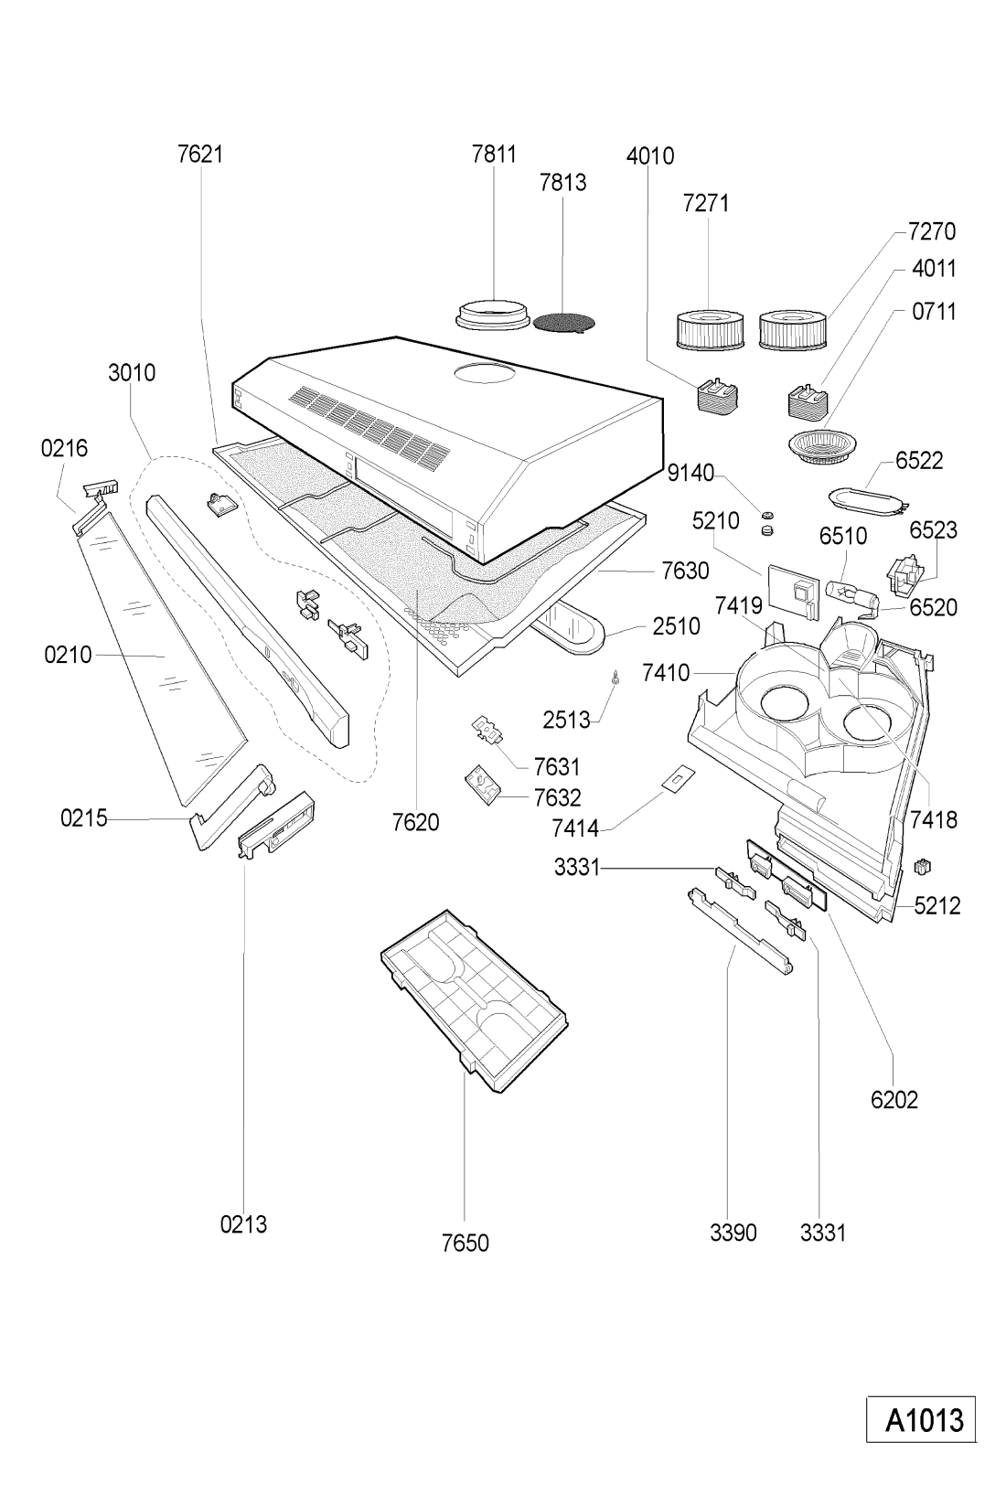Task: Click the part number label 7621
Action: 200,154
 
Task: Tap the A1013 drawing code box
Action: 922,1420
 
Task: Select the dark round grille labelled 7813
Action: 562,322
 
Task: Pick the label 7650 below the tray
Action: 465,1243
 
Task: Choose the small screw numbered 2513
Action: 618,678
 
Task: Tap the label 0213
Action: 243,1224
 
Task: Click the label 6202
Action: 894,1100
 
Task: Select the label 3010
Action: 132,373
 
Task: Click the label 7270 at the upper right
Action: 932,231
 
